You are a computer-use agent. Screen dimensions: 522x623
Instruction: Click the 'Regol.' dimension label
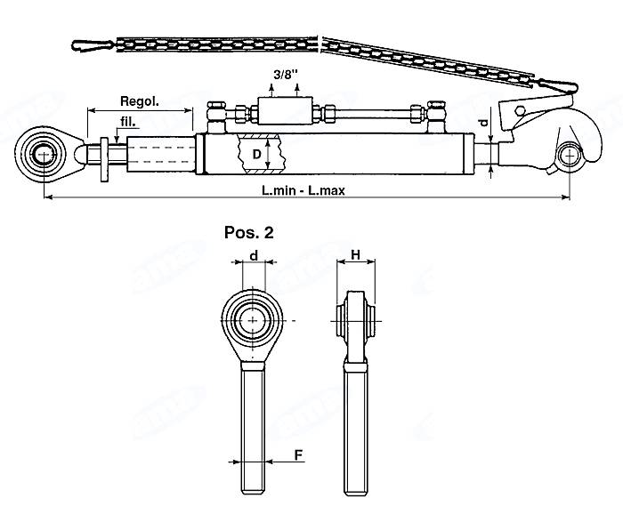click(139, 101)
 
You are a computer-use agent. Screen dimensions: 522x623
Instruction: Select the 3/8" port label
click(285, 76)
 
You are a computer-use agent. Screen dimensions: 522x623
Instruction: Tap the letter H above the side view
click(356, 256)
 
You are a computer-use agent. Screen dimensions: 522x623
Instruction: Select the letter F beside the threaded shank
click(298, 454)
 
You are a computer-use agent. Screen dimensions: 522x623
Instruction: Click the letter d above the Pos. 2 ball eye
click(254, 256)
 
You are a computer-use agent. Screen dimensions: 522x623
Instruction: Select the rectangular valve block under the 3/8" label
click(285, 114)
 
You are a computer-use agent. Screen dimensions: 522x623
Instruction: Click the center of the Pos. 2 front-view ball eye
click(254, 319)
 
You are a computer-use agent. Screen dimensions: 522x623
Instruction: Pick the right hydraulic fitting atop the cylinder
click(436, 114)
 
